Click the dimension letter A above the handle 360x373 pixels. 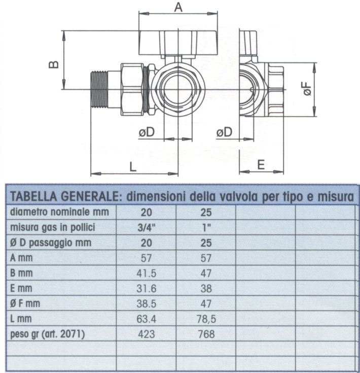click(x=178, y=7)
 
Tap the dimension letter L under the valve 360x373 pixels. click(x=133, y=165)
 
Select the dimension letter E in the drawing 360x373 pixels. click(x=261, y=165)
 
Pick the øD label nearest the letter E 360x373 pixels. click(x=224, y=132)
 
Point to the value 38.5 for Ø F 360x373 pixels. click(x=147, y=303)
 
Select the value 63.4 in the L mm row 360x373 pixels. click(x=147, y=319)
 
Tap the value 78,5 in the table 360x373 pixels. click(x=205, y=319)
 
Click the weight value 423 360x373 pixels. click(x=147, y=334)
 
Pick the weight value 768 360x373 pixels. click(x=205, y=334)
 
